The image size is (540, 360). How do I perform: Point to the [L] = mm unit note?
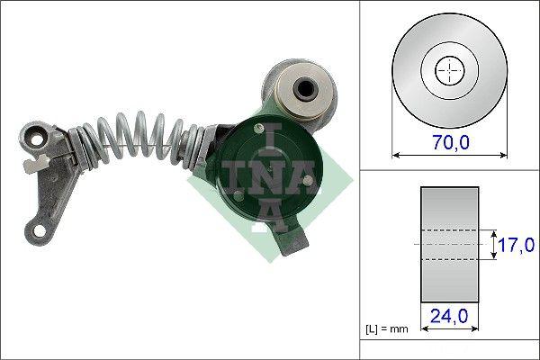coord(388,328)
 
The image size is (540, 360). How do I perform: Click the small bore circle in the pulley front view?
coord(448,70)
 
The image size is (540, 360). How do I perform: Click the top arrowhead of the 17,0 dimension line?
coord(493,230)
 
